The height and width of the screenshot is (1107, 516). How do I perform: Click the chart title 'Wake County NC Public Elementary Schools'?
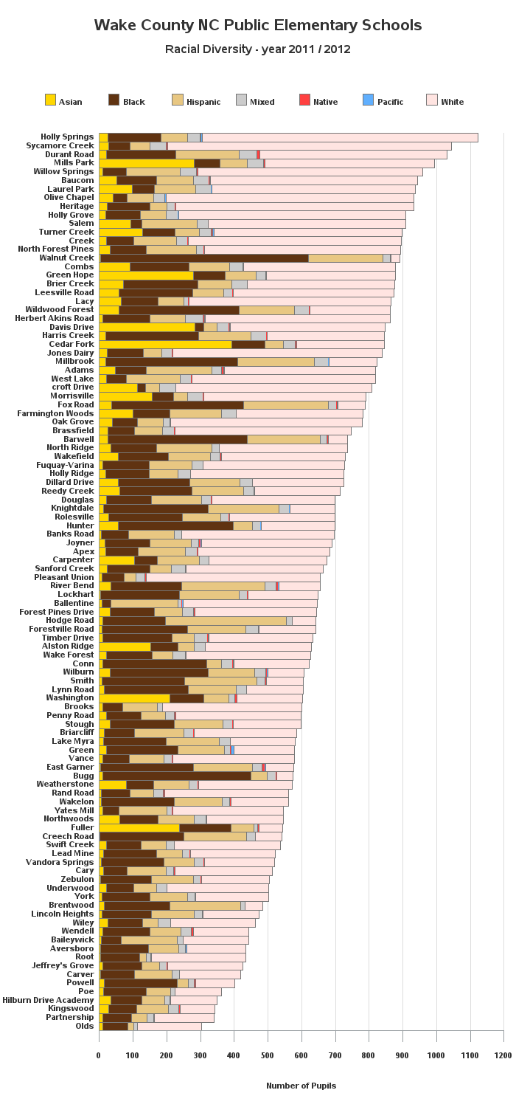point(258,24)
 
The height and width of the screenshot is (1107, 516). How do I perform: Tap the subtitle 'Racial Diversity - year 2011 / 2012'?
point(258,49)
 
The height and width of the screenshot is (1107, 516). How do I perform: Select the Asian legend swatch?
point(50,100)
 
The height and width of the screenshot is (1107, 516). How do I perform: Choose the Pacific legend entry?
point(383,100)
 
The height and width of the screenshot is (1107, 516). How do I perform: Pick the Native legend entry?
point(318,100)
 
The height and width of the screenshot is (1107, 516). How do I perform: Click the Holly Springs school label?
point(67,137)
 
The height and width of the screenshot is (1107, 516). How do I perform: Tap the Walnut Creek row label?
point(66,258)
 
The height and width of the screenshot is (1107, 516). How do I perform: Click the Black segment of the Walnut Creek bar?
point(204,258)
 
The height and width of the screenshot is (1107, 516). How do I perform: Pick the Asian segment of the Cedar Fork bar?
point(165,345)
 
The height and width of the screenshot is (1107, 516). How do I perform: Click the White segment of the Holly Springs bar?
point(341,137)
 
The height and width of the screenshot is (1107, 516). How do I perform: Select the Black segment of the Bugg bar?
point(177,776)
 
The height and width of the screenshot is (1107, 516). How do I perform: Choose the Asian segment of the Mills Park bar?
point(147,163)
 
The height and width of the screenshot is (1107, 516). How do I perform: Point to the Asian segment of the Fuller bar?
point(139,828)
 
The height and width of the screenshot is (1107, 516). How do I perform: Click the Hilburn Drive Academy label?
point(48,1000)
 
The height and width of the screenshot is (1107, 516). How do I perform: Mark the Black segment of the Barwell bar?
point(178,439)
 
